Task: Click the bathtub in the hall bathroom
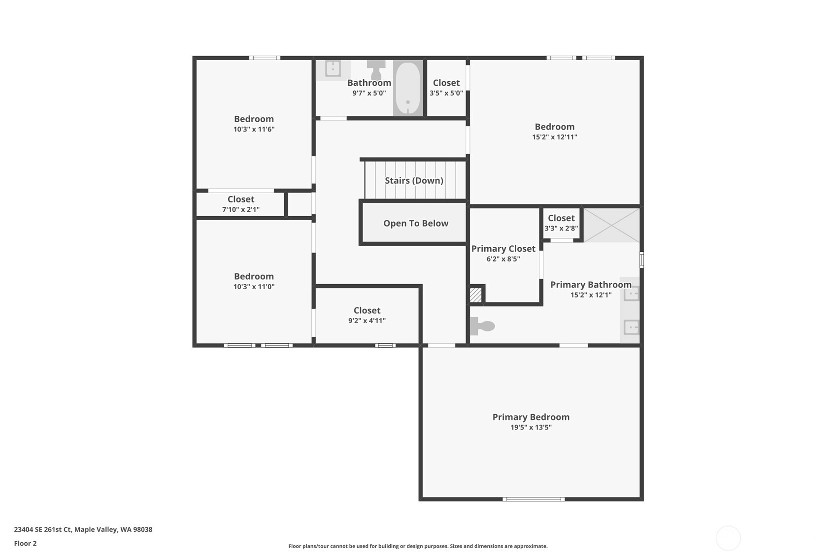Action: coord(407,88)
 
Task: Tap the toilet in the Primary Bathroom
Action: coord(482,326)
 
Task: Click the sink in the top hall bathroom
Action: coord(333,69)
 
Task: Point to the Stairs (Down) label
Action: coord(414,181)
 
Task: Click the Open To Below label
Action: coord(416,223)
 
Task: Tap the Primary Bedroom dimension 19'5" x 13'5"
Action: coord(531,427)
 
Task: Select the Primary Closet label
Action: coord(503,249)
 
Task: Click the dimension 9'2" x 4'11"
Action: coord(367,321)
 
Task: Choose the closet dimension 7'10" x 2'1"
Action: coord(241,209)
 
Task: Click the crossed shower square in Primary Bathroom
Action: coord(611,225)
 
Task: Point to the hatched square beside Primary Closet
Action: coord(475,295)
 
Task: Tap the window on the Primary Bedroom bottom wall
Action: coord(534,499)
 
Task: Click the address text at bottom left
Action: coord(83,529)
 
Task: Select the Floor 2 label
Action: coord(26,543)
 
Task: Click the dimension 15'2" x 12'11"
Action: coord(555,137)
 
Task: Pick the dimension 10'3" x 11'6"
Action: coord(254,129)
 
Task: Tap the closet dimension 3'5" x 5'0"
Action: coord(446,93)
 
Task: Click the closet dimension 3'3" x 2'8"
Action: coord(561,228)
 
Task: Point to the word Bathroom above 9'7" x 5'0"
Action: coord(369,82)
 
